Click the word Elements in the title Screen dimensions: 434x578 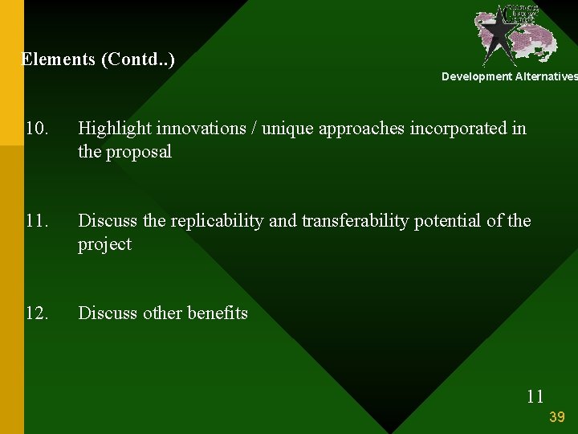pyautogui.click(x=56, y=59)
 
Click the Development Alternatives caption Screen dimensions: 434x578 pyautogui.click(x=509, y=76)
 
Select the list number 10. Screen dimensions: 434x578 pyautogui.click(x=37, y=129)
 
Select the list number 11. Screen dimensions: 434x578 pyautogui.click(x=37, y=221)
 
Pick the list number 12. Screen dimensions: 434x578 pyautogui.click(x=37, y=313)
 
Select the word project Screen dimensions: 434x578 pyautogui.click(x=104, y=244)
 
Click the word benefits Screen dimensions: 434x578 pyautogui.click(x=217, y=313)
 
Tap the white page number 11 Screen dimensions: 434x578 pyautogui.click(x=535, y=395)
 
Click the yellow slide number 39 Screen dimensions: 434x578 pyautogui.click(x=557, y=416)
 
